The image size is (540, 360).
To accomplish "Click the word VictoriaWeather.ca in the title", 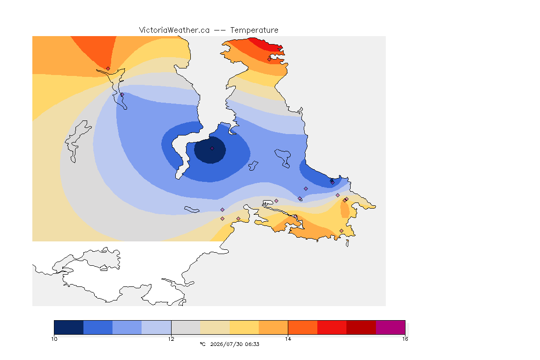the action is click(174, 30).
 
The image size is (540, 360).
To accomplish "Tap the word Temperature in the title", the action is click(254, 30).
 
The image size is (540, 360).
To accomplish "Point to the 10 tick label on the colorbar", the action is click(54, 339).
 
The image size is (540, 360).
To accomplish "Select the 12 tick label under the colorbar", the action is click(171, 339).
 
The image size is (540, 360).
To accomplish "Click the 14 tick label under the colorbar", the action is click(288, 339).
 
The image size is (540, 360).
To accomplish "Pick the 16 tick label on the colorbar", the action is click(405, 339).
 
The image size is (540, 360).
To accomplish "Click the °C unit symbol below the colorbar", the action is click(203, 344).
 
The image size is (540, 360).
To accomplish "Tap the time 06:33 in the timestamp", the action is click(252, 344).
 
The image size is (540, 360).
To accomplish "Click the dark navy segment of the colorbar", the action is click(69, 327).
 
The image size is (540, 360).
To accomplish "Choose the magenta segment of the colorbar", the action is click(390, 327).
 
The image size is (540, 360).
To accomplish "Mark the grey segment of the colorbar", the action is click(186, 327).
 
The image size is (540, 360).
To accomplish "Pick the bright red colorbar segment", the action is click(332, 327).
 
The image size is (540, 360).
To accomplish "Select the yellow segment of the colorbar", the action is click(244, 327).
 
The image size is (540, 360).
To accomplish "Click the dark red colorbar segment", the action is click(361, 327).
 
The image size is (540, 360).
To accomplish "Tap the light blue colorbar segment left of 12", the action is click(157, 327).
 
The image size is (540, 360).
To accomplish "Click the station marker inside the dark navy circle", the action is click(212, 149).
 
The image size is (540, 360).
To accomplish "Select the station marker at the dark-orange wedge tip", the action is click(108, 69).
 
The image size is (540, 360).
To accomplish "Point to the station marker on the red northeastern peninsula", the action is click(270, 59).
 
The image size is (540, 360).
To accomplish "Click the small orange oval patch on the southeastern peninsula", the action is click(345, 209).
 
